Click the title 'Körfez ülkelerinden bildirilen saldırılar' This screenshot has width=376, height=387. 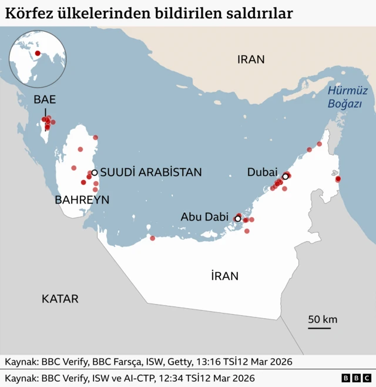click(x=149, y=13)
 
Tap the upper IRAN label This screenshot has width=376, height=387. click(x=251, y=59)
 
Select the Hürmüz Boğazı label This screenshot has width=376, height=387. click(x=347, y=97)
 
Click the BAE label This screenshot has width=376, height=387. click(x=45, y=99)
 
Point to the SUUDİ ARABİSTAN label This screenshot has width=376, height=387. click(x=151, y=172)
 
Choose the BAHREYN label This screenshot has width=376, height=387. click(x=82, y=200)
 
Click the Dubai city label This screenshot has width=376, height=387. click(x=262, y=172)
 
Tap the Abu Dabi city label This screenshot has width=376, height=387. click(x=204, y=217)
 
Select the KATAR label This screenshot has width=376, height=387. click(x=60, y=299)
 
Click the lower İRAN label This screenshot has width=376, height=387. click(x=224, y=276)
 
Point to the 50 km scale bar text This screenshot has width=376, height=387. click(x=323, y=319)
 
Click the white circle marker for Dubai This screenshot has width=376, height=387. click(x=286, y=176)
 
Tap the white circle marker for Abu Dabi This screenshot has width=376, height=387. click(x=237, y=219)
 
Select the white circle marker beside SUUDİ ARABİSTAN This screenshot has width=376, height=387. click(x=94, y=173)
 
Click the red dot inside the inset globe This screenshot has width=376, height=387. click(x=38, y=54)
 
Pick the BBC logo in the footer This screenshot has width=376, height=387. click(x=356, y=378)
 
